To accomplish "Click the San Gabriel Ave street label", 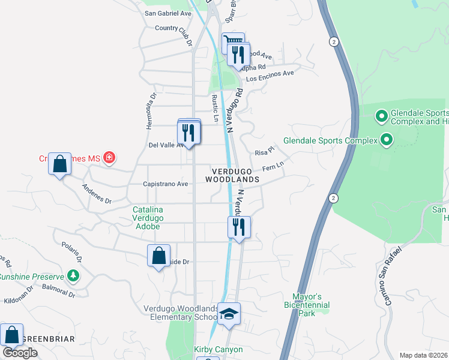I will tap(168, 13).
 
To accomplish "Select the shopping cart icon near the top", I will tap(232, 43).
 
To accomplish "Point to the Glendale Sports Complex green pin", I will tap(386, 141).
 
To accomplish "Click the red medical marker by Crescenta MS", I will tap(109, 158).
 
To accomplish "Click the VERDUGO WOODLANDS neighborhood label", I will tap(232, 175).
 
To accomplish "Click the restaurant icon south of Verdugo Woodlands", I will tap(239, 227).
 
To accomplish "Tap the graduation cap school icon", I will tap(229, 314).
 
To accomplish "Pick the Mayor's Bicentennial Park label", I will tap(307, 305).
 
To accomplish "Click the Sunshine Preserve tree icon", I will tap(73, 276).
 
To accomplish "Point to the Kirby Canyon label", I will tap(218, 349).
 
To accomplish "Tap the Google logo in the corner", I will tap(20, 353).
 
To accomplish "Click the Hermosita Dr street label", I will tap(151, 110).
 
